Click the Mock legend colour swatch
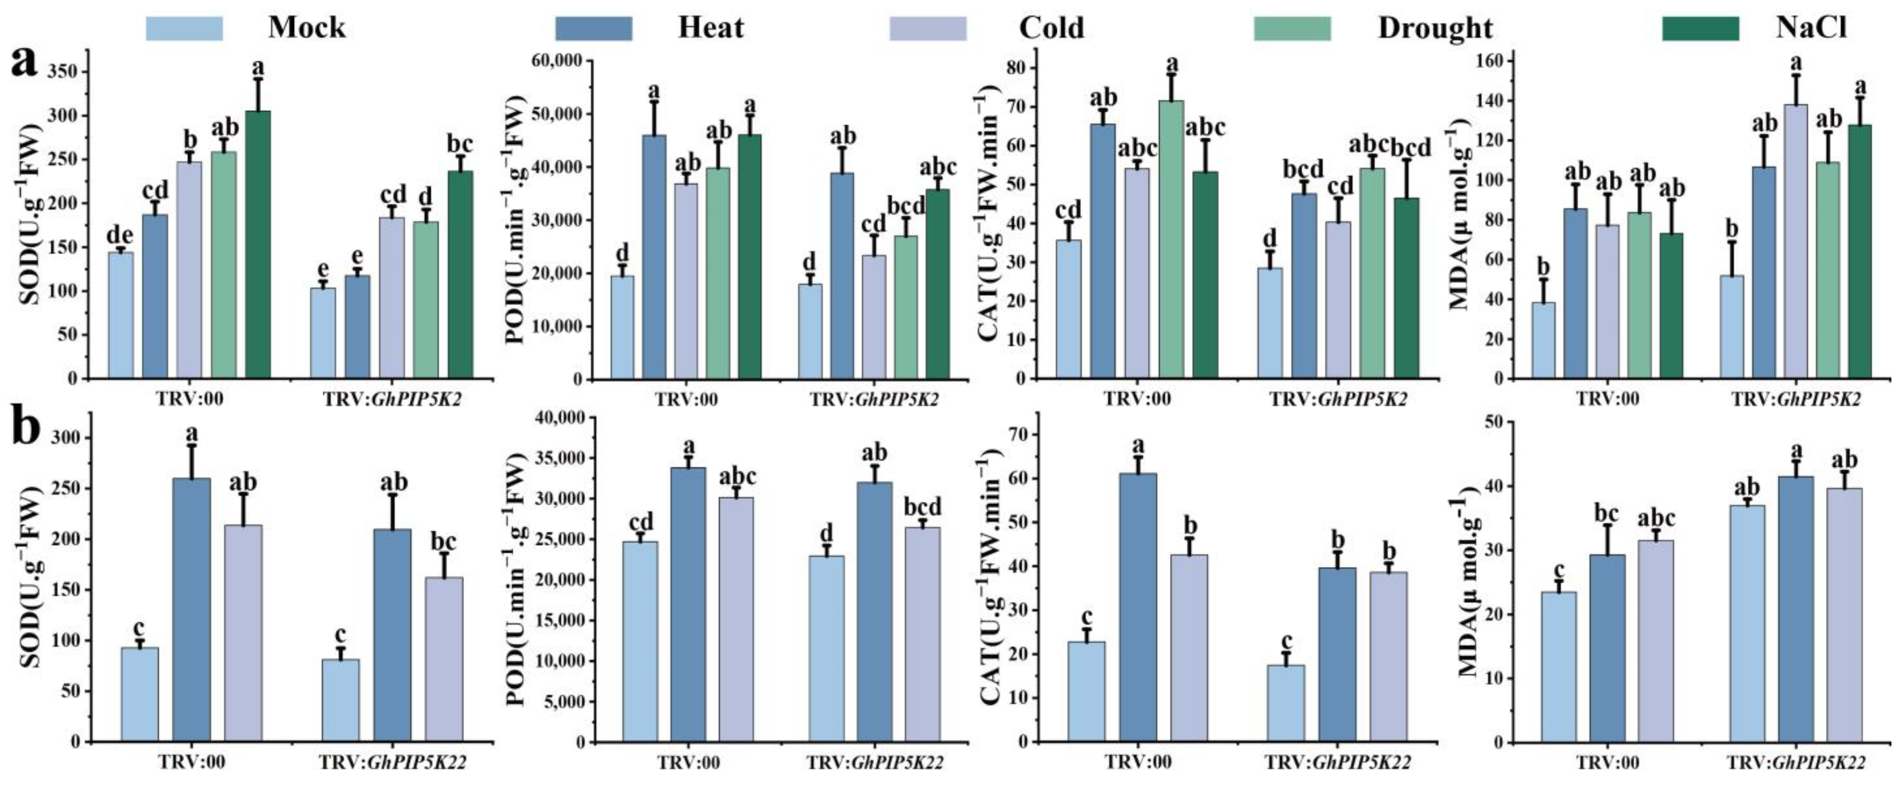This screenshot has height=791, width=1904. pos(184,28)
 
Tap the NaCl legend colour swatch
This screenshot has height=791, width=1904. pos(1701,28)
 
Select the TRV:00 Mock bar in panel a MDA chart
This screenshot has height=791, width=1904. pos(1543,341)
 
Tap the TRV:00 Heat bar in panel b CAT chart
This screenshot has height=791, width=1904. pos(1138,607)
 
